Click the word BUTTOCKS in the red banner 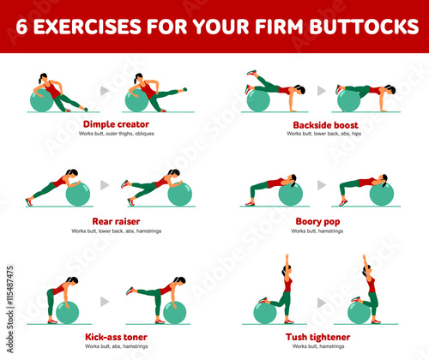pyautogui.click(x=364, y=27)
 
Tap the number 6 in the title pyautogui.click(x=21, y=27)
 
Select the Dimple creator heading pyautogui.click(x=116, y=124)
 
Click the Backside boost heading pyautogui.click(x=325, y=125)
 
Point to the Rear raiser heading pyautogui.click(x=116, y=221)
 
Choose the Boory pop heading pyautogui.click(x=317, y=222)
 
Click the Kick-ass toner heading pyautogui.click(x=116, y=337)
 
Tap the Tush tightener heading pyautogui.click(x=317, y=337)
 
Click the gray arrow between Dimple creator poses pyautogui.click(x=105, y=91)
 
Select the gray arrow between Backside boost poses pyautogui.click(x=322, y=91)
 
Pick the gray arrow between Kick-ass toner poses pyautogui.click(x=105, y=302)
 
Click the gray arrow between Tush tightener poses pyautogui.click(x=322, y=303)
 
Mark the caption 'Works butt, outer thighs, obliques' pyautogui.click(x=117, y=134)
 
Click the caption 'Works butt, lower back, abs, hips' pyautogui.click(x=324, y=134)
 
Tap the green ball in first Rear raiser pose pyautogui.click(x=78, y=194)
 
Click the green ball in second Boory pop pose pyautogui.click(x=382, y=194)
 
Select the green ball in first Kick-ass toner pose pyautogui.click(x=67, y=312)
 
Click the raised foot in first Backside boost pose pyautogui.click(x=251, y=73)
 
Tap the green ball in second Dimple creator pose pyautogui.click(x=136, y=100)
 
